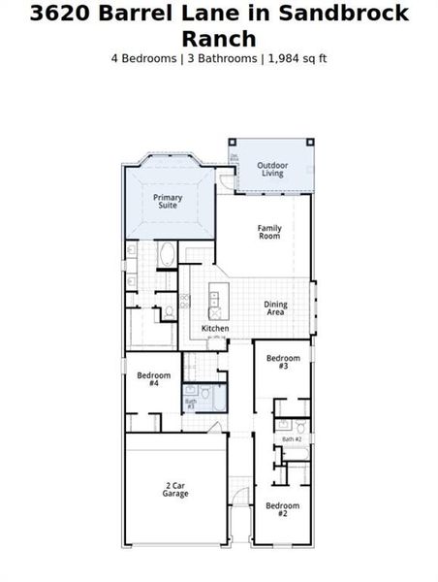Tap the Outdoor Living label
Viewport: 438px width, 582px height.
(272, 169)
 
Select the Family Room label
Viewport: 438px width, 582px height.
(268, 232)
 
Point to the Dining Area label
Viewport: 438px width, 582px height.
(275, 308)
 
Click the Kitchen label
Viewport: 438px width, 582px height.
(215, 329)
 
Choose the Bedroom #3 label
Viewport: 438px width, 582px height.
(283, 362)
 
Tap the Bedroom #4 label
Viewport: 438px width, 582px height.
(153, 378)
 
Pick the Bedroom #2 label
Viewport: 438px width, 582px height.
(282, 509)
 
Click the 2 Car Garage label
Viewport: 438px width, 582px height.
(175, 489)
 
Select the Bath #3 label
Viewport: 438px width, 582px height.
(191, 404)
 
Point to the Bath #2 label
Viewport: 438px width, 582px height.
(292, 439)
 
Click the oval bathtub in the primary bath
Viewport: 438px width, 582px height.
(167, 256)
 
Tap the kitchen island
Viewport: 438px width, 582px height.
(215, 303)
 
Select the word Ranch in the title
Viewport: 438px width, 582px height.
(218, 39)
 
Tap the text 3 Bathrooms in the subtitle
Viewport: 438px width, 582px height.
(220, 58)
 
